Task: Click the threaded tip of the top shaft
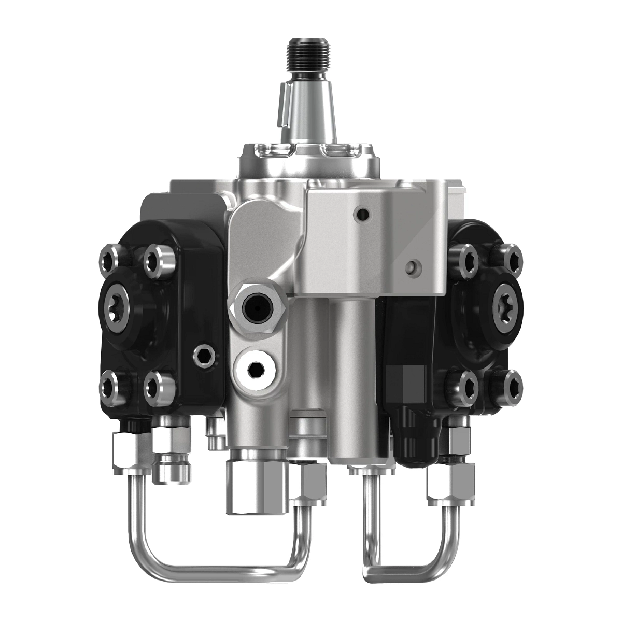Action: pos(308,54)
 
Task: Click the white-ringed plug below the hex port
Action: pos(256,369)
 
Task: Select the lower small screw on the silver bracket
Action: pos(413,267)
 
